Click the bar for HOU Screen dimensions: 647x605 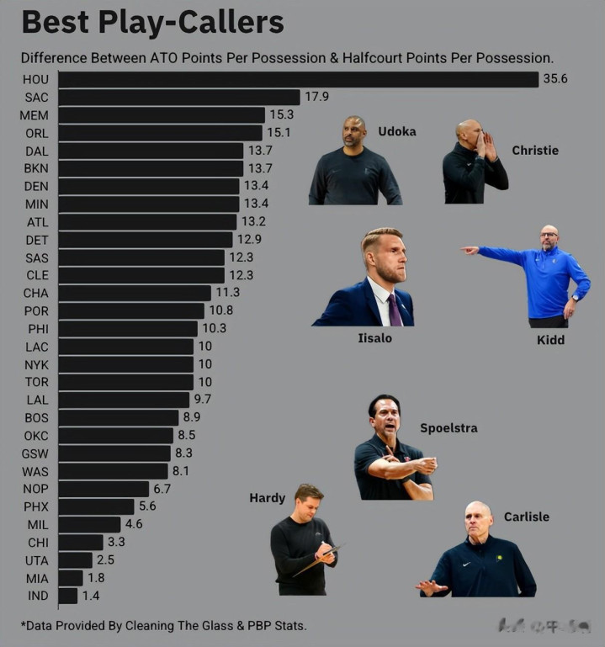pos(298,80)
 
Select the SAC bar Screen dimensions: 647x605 pos(178,98)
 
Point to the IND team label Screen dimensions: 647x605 pos(37,596)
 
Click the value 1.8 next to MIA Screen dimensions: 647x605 pos(97,578)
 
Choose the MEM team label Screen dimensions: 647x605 pos(36,115)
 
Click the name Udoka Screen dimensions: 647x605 pos(396,132)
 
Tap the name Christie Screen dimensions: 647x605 pos(534,151)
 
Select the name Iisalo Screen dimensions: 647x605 pos(374,338)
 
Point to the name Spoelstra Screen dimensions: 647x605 pos(448,428)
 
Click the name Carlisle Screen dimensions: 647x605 pos(526,517)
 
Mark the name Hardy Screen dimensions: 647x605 pos(267,498)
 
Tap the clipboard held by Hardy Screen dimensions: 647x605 pos(318,561)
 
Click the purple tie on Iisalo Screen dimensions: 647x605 pos(394,310)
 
